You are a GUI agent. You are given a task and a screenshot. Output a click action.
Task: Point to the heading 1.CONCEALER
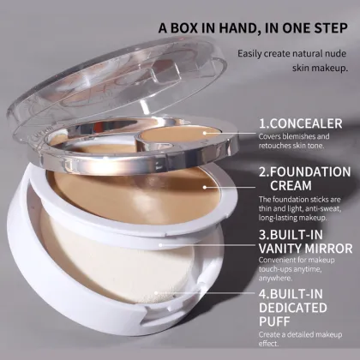[x=300, y=123]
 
